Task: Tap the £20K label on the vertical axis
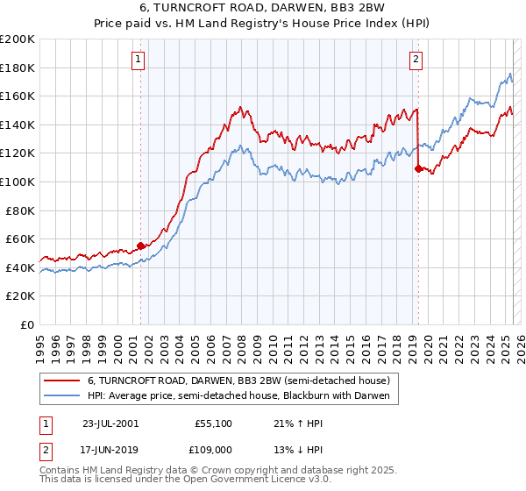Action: (20, 295)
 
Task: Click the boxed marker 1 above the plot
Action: (139, 60)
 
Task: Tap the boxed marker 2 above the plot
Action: (415, 60)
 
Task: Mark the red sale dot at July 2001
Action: (140, 245)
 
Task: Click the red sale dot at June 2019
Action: (417, 169)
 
